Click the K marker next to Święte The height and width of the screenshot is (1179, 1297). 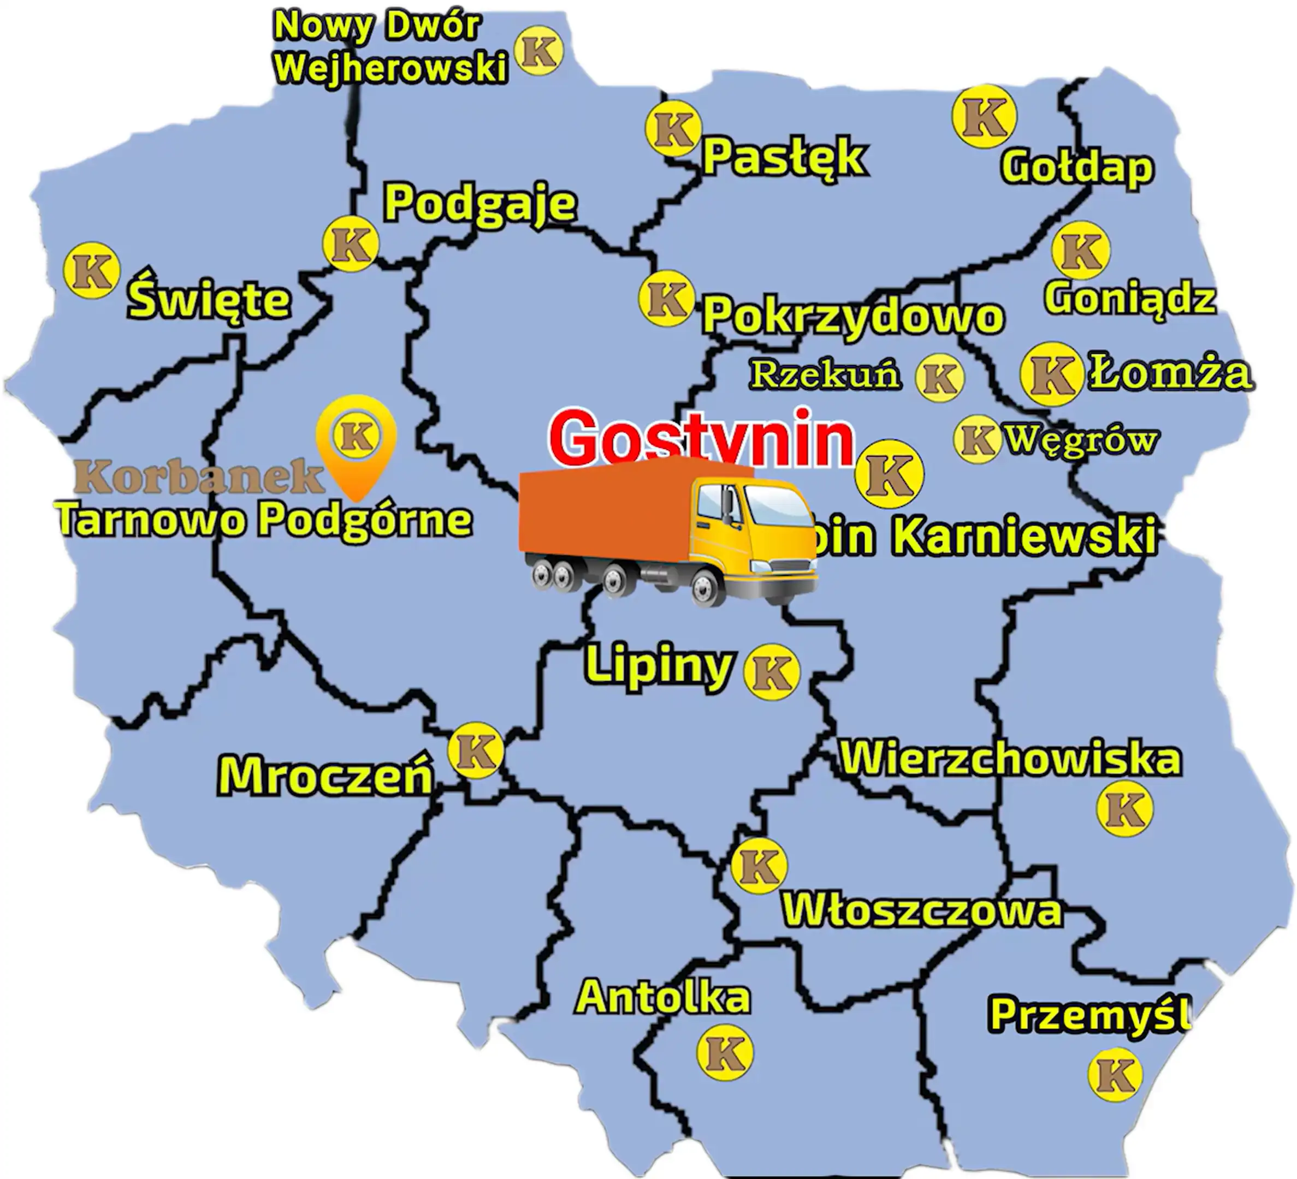(x=91, y=270)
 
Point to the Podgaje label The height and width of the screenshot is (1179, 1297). (x=480, y=203)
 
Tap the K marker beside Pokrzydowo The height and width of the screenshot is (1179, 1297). (x=666, y=298)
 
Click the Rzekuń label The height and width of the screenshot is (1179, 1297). (x=825, y=374)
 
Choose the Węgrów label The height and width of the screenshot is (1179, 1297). (x=1081, y=440)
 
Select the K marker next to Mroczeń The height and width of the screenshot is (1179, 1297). (x=476, y=751)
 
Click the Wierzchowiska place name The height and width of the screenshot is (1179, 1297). (x=1011, y=759)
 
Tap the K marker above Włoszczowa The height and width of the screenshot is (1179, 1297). (x=759, y=866)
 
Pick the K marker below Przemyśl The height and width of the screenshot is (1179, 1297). (x=1115, y=1075)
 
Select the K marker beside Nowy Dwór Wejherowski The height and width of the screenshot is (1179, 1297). (x=538, y=51)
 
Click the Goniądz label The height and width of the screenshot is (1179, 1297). (x=1130, y=299)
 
